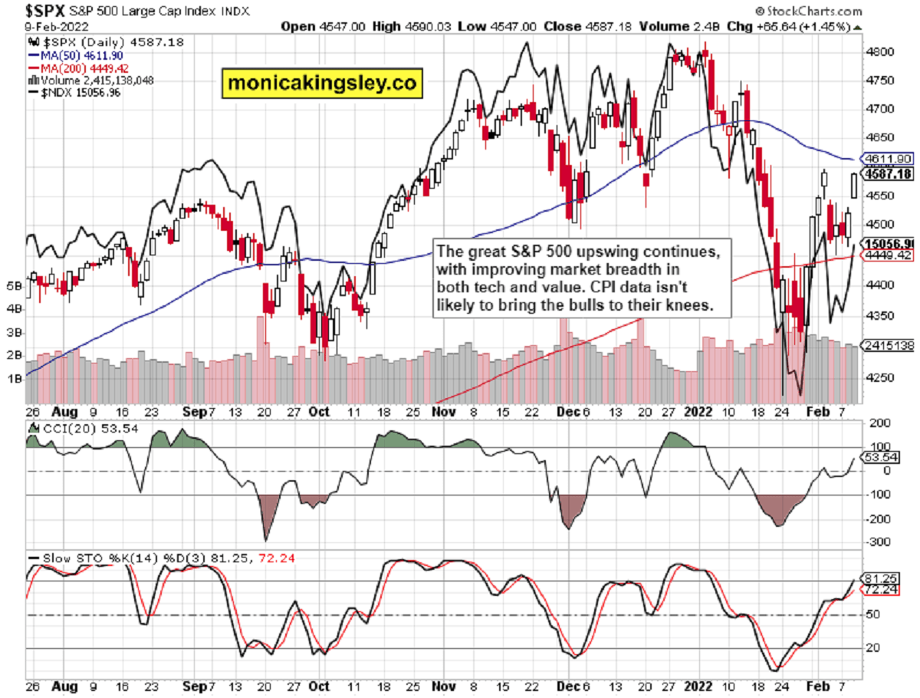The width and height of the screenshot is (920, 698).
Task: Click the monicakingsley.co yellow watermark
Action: [x=323, y=82]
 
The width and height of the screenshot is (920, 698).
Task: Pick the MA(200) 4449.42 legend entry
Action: [x=75, y=67]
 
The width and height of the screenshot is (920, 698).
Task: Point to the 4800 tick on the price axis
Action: [x=876, y=52]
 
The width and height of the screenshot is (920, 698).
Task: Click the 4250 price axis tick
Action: [x=876, y=377]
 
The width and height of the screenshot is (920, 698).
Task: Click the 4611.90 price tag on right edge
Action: [x=888, y=158]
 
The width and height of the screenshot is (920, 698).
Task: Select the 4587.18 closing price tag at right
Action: [x=888, y=174]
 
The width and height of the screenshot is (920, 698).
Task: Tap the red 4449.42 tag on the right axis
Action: [x=888, y=255]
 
